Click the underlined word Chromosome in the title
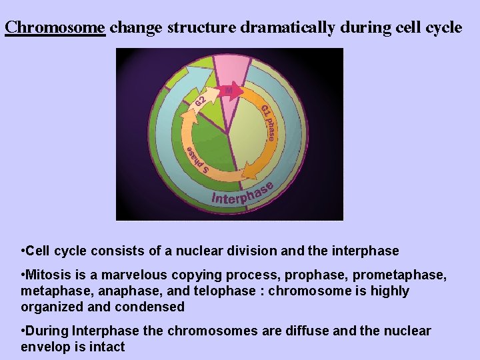point(55,27)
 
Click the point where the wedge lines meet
point(228,134)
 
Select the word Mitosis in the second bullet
point(46,275)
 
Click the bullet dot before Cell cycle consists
point(23,251)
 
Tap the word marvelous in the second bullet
point(141,275)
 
